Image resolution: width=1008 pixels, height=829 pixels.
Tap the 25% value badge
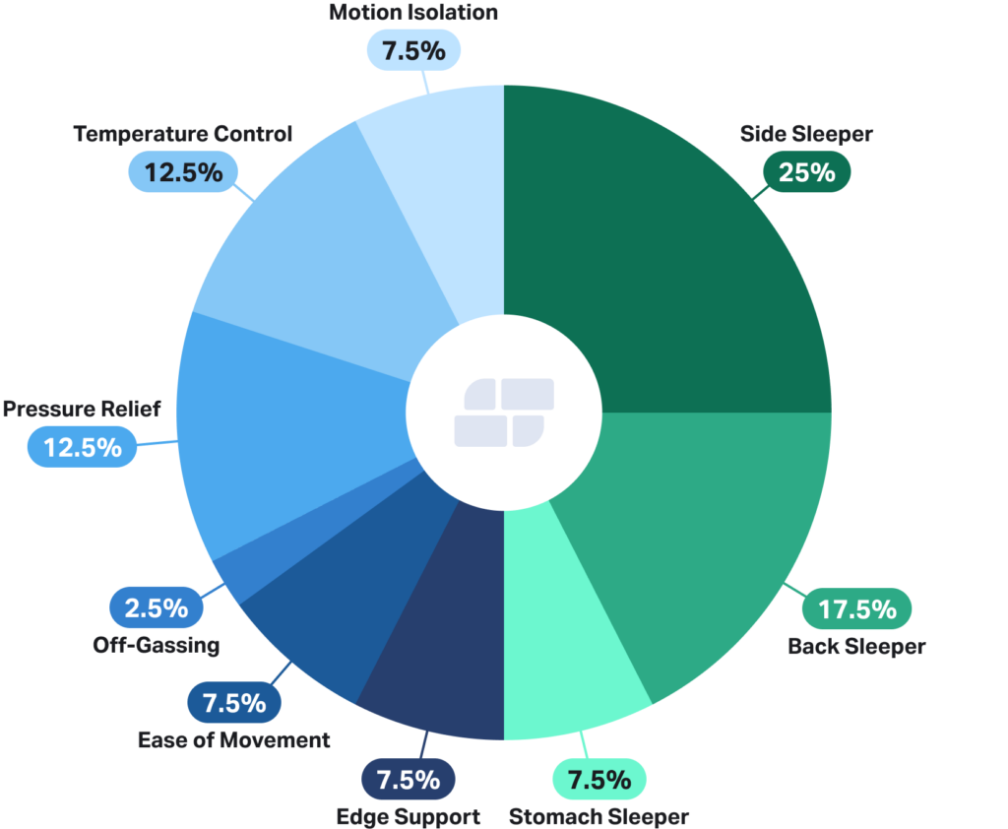(806, 172)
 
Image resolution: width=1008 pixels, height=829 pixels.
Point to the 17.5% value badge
(857, 609)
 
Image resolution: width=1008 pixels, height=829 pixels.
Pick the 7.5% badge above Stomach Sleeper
(599, 780)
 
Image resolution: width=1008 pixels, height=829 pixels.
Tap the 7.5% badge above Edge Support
(408, 780)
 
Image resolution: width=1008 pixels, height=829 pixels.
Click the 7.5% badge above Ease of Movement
(233, 703)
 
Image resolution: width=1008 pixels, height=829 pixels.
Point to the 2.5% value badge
(156, 607)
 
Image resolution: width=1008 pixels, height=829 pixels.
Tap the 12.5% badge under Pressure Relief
(82, 447)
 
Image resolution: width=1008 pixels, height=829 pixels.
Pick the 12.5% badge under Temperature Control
(183, 172)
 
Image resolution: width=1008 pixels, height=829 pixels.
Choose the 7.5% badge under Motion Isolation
(413, 51)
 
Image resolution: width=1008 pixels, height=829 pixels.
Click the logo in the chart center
(504, 412)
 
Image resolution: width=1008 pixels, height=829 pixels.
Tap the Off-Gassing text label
(157, 645)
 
